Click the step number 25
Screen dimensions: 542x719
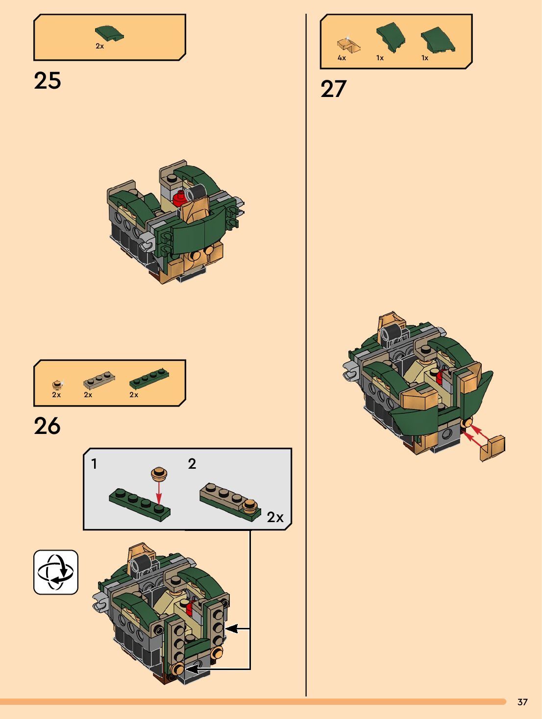click(x=47, y=81)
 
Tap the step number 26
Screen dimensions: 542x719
click(x=47, y=426)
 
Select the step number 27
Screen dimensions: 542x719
click(x=334, y=89)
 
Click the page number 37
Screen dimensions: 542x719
click(x=523, y=702)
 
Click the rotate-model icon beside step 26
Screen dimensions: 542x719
click(x=56, y=572)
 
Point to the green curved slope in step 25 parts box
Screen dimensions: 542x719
click(x=109, y=33)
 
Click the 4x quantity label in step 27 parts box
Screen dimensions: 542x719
click(x=342, y=58)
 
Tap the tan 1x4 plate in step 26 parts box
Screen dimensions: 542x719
click(x=99, y=380)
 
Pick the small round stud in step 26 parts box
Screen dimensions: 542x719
click(x=57, y=384)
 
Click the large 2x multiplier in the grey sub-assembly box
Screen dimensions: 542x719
click(x=275, y=517)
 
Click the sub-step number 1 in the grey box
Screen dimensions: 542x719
click(x=95, y=464)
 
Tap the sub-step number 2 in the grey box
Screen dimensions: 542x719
click(x=192, y=463)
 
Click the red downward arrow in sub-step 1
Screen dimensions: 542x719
click(x=159, y=493)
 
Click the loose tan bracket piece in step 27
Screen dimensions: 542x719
click(x=492, y=448)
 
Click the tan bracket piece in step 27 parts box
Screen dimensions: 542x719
click(x=348, y=44)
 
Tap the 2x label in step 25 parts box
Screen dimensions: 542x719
click(x=99, y=46)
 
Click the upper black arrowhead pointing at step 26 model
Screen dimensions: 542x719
click(x=232, y=628)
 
